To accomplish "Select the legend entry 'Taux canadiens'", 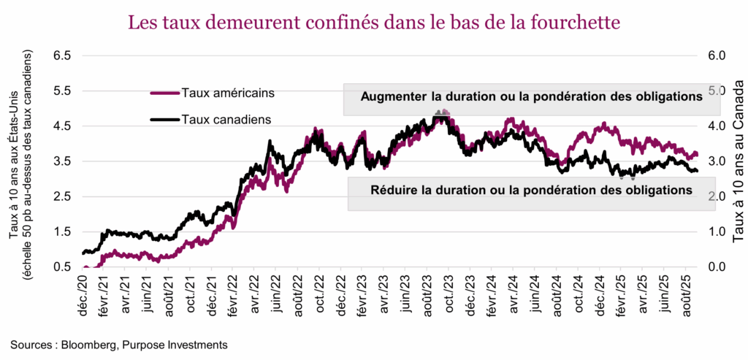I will click(224, 118).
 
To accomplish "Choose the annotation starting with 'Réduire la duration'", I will click(531, 190).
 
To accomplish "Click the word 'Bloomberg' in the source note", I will click(88, 344).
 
